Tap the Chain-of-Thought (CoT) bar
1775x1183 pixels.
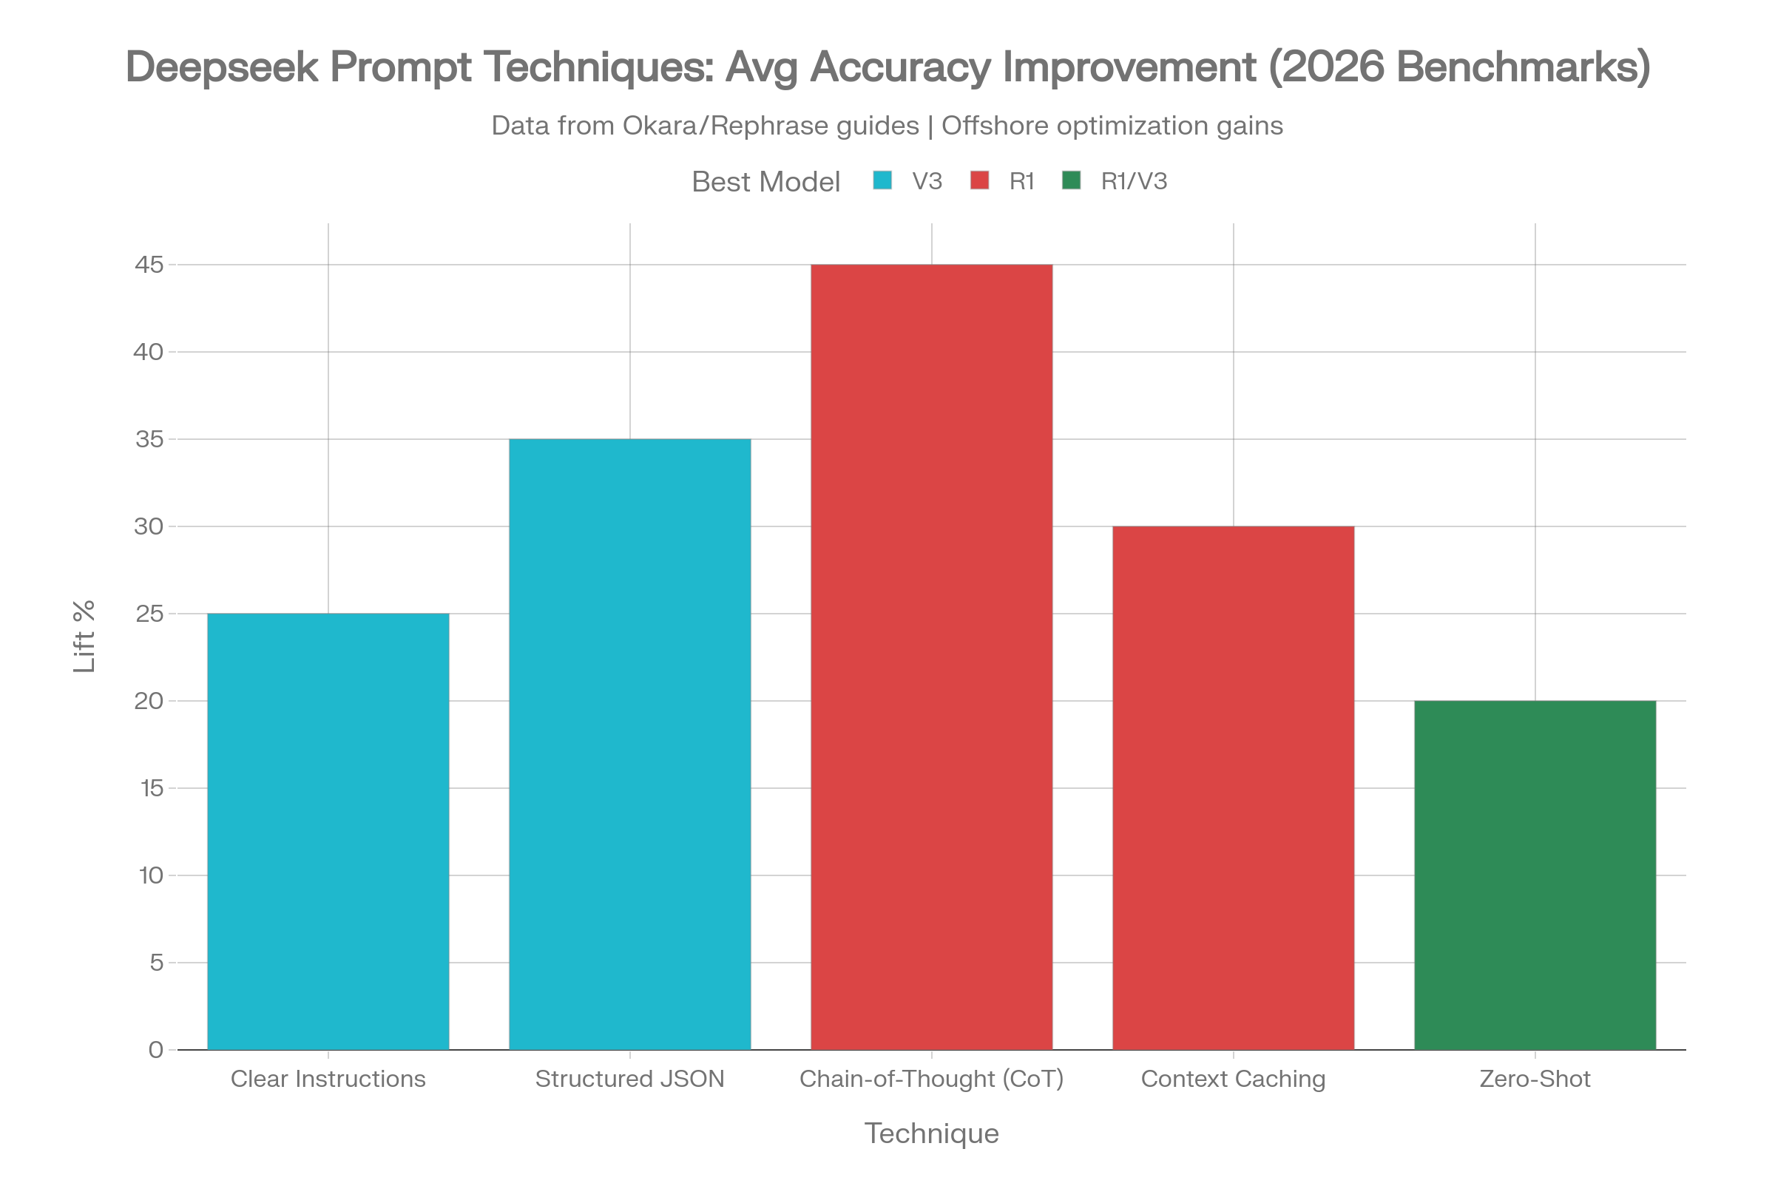[931, 657]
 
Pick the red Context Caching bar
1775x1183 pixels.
[1233, 787]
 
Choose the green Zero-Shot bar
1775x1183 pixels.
[1535, 875]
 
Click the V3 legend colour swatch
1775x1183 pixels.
[882, 181]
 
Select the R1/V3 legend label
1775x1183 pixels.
[1134, 182]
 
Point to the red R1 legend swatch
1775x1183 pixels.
[979, 181]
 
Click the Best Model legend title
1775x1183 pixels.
[765, 182]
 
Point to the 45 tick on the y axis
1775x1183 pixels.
[149, 265]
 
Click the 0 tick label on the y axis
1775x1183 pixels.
[156, 1050]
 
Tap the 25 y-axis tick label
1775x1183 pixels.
[149, 614]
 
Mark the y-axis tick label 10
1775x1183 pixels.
[150, 876]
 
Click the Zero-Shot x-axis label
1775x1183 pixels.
[1535, 1079]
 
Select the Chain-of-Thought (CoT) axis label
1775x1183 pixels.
[931, 1079]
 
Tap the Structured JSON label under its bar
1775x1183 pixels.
[629, 1079]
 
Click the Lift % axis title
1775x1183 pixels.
[84, 636]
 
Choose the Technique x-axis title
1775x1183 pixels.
[931, 1134]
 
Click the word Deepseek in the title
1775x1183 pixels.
[222, 67]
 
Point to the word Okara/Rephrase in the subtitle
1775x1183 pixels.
[771, 126]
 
